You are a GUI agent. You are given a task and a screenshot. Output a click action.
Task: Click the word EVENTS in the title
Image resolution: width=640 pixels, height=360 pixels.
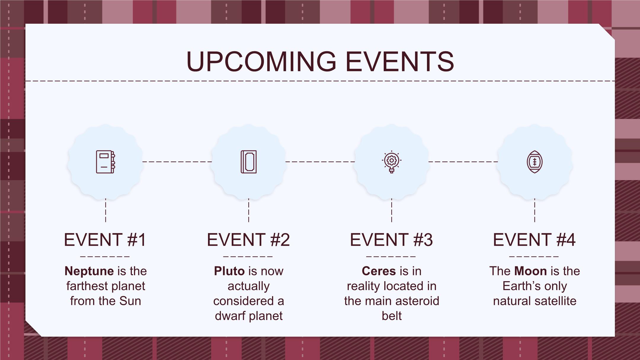[x=400, y=61]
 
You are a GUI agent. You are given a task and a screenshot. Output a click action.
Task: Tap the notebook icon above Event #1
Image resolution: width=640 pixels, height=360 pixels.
[x=105, y=162]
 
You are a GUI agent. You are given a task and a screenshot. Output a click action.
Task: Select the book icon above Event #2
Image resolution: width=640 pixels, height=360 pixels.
[x=249, y=162]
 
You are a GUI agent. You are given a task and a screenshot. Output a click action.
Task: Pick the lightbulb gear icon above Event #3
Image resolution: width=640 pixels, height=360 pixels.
[x=391, y=162]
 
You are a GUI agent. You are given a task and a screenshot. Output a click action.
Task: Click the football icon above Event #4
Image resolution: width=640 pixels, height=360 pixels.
[x=535, y=162]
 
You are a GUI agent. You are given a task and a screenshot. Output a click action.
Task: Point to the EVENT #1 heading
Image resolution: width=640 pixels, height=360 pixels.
[x=105, y=240]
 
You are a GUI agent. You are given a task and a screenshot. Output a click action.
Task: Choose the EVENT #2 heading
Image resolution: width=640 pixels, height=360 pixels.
[x=248, y=240]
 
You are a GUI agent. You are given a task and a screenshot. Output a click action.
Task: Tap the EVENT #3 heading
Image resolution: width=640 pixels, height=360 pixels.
[x=391, y=240]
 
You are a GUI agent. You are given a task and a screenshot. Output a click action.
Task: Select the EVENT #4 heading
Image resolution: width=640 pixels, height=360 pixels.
[x=534, y=240]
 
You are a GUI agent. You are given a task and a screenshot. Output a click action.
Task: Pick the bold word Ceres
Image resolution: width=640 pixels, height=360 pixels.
[x=379, y=271]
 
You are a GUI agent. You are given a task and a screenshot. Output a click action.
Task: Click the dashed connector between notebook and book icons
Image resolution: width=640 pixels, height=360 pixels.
[x=177, y=162]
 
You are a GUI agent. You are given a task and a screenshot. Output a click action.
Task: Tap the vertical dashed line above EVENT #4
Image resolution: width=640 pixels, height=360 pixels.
[x=535, y=210]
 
